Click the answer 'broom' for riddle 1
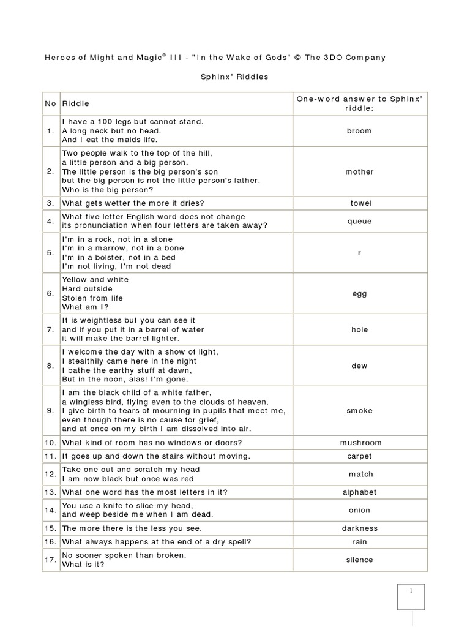pos(359,131)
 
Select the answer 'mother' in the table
pos(359,172)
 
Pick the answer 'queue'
pos(359,222)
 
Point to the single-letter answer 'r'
pos(360,253)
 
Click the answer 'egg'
pos(359,294)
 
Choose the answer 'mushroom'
pos(360,443)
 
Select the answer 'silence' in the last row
pos(359,560)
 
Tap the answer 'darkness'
pos(360,528)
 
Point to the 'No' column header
pos(50,104)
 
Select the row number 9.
pos(51,411)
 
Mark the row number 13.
pos(50,492)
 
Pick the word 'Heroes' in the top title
pos(60,58)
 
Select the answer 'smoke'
pos(359,411)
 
